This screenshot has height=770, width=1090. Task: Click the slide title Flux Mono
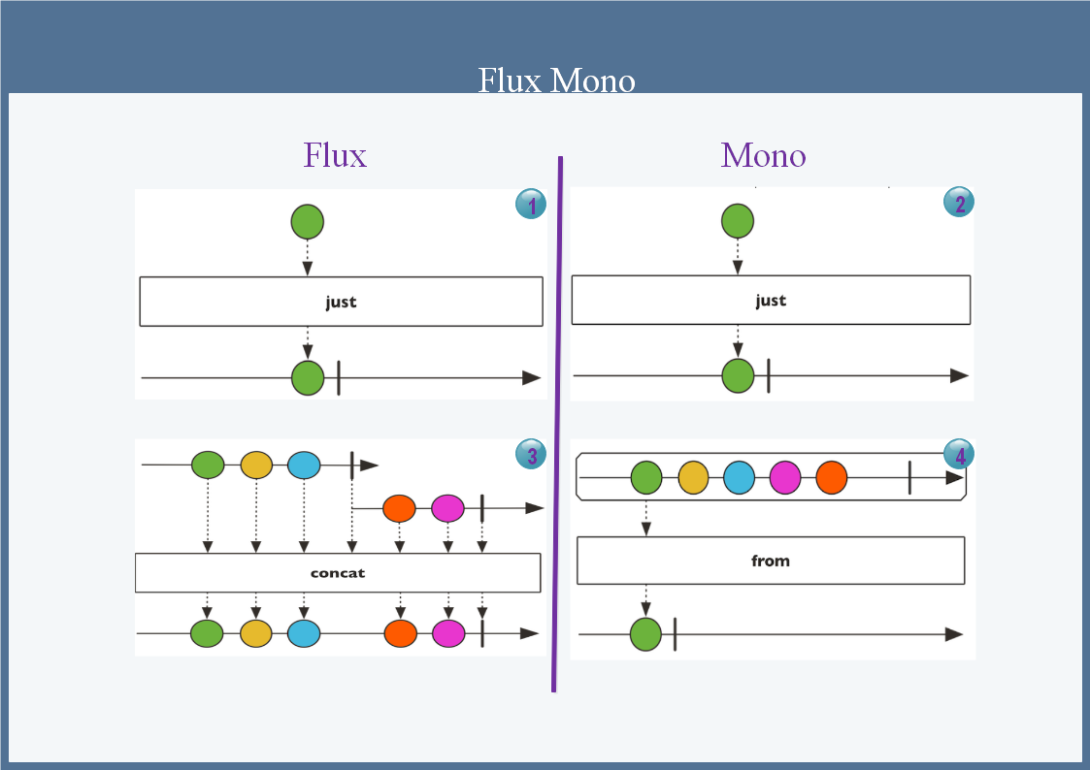coord(556,80)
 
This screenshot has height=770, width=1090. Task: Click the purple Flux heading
coord(335,155)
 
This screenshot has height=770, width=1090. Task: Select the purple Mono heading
coord(763,155)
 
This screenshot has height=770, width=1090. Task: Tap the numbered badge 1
coord(531,204)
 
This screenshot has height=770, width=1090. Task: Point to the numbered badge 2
coord(959,203)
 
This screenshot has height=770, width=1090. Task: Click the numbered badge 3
coord(531,454)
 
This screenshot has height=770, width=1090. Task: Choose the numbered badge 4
coord(959,454)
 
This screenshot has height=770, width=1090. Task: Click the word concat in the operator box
coord(338,573)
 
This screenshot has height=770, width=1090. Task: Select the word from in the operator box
coord(771,561)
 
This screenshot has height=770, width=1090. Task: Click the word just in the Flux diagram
coord(341,302)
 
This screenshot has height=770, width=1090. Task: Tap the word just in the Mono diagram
coord(771,301)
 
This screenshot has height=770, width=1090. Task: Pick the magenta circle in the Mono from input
coord(785,478)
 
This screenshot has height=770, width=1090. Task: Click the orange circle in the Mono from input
coord(832,478)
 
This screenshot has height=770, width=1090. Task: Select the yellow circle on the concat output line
coord(256,633)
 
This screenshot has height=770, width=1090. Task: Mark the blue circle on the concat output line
coord(304,633)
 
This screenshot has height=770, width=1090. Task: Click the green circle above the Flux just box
coord(308,222)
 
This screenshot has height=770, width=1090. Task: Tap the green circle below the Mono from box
coord(645,634)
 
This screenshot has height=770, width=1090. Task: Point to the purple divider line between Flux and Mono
coord(558,427)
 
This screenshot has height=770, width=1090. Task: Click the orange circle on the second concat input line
coord(399,507)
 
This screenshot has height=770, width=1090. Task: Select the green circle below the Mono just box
coord(738,375)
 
